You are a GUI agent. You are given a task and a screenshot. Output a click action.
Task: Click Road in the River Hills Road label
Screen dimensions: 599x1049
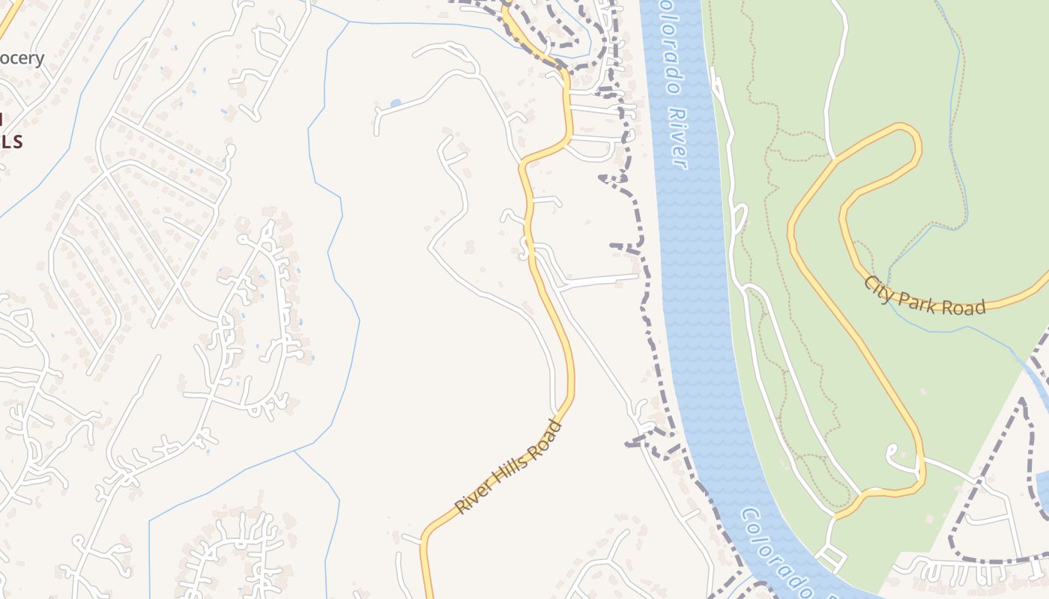pos(545,439)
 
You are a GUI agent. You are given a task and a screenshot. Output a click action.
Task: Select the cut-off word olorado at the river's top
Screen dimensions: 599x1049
pos(669,45)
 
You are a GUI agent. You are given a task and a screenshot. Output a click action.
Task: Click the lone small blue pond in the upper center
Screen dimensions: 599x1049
pos(396,103)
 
